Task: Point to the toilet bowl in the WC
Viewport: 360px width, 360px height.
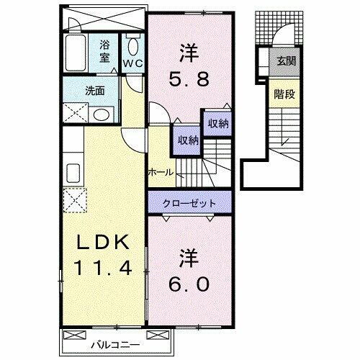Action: coord(132,44)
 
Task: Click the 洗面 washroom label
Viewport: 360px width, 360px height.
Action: coord(95,91)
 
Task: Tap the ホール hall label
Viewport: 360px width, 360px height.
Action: coord(160,172)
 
